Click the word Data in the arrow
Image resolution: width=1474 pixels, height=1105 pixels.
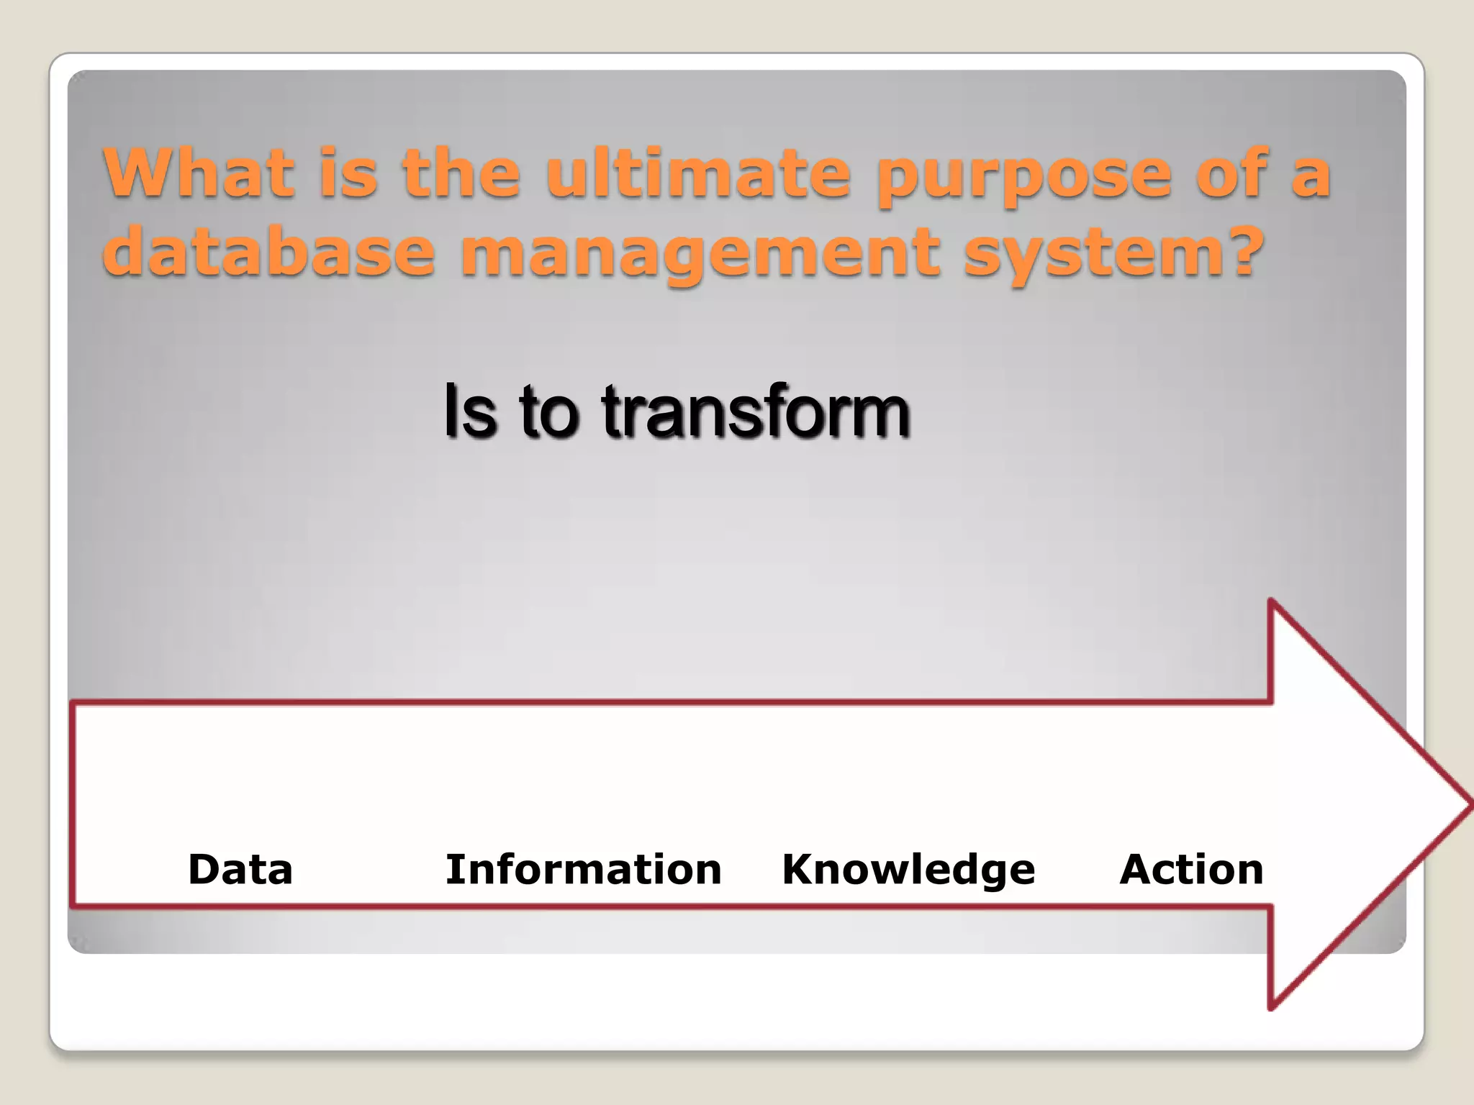tap(240, 869)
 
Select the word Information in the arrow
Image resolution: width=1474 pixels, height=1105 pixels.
tap(583, 869)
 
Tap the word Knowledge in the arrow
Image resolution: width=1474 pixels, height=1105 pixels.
tap(908, 869)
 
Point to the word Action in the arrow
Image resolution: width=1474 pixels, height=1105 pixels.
tap(1191, 869)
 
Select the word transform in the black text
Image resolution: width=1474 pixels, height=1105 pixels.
tap(756, 411)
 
